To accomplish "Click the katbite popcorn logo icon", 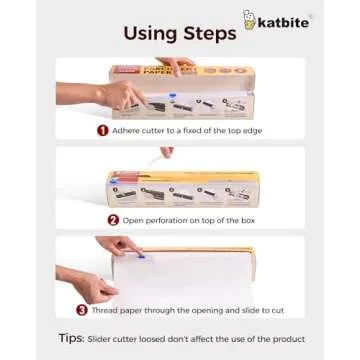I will coord(248,19).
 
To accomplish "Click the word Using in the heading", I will coord(151,33).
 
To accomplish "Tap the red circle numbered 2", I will coord(113,219).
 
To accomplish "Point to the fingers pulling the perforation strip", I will coord(166,152).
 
